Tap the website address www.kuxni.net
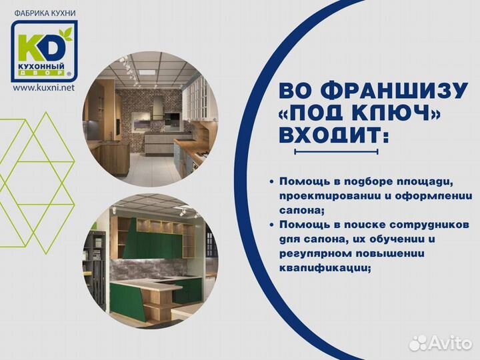pos(43,87)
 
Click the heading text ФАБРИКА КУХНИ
pos(45,13)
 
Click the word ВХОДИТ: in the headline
pos(333,135)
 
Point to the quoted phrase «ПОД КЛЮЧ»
pos(359,113)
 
